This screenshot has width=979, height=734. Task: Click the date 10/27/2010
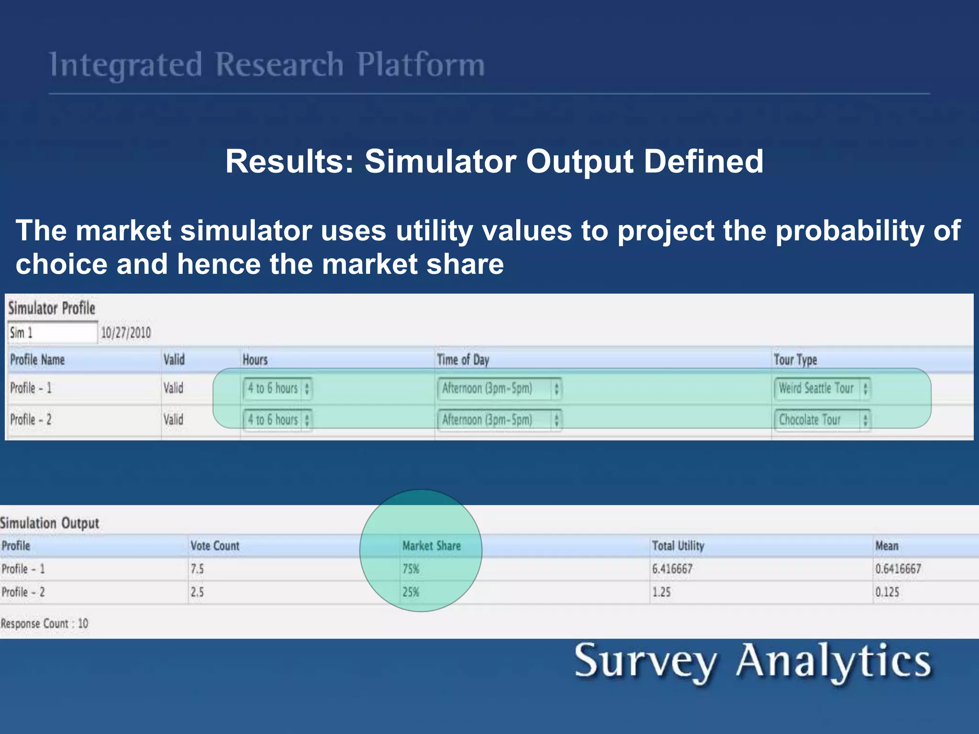point(126,333)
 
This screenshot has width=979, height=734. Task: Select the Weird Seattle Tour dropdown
point(821,388)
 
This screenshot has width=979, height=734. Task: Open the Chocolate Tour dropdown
point(821,420)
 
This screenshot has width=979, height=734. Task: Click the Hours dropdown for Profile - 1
point(278,388)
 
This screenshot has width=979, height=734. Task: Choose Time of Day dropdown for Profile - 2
point(499,420)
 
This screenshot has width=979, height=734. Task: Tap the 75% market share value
point(411,569)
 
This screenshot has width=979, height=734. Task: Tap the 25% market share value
point(411,592)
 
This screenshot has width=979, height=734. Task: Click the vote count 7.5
point(197,569)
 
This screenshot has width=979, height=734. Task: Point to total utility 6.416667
point(672,569)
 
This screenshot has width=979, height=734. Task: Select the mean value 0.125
point(887,592)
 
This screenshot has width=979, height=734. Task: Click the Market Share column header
point(431,546)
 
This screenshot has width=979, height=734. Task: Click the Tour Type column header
point(795,360)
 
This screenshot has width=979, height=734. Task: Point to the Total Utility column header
point(678,546)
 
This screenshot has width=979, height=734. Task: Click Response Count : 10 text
point(44,624)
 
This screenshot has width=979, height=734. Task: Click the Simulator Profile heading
point(52,308)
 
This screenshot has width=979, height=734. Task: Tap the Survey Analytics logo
point(752,662)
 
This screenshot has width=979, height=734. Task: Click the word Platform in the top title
point(421,65)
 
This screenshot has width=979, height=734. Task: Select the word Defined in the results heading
point(703,161)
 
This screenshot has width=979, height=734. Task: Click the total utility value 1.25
point(662,592)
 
